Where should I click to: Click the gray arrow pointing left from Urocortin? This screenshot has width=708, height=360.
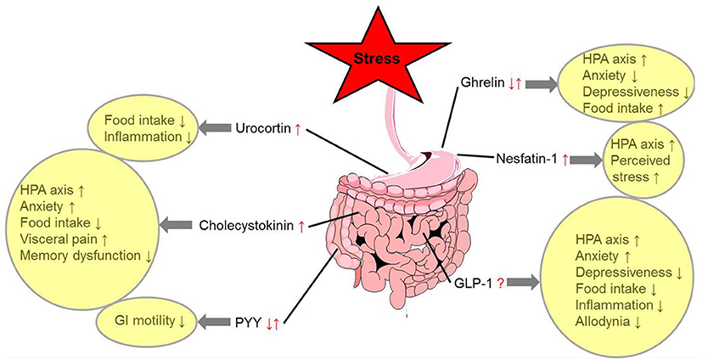[x=208, y=128]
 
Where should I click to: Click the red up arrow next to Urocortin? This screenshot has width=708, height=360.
[x=297, y=128]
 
